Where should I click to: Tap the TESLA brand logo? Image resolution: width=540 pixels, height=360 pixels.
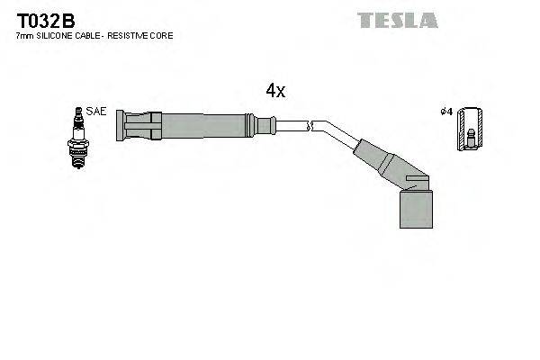pos(397,20)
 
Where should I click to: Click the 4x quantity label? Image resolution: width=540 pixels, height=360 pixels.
pos(275,91)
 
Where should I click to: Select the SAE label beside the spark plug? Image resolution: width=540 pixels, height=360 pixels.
pos(97,112)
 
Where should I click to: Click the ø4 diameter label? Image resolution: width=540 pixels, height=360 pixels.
pos(445,112)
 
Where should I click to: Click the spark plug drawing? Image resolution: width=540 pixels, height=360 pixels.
pos(77,138)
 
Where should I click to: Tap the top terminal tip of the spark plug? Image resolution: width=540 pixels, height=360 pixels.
pos(77,111)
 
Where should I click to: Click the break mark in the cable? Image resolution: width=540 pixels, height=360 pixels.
pos(309,127)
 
